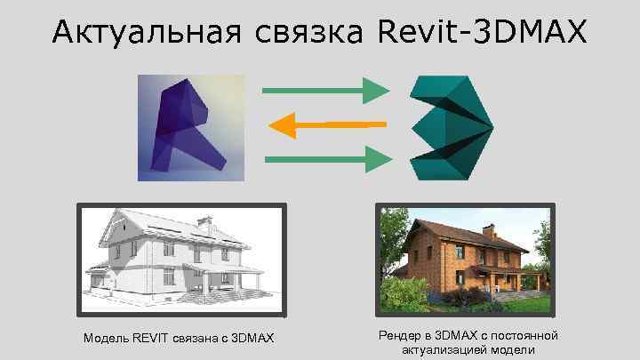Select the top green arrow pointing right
click(325, 90)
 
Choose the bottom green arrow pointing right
click(327, 159)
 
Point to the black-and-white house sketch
click(181, 259)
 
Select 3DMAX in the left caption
click(252, 339)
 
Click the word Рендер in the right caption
click(396, 335)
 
